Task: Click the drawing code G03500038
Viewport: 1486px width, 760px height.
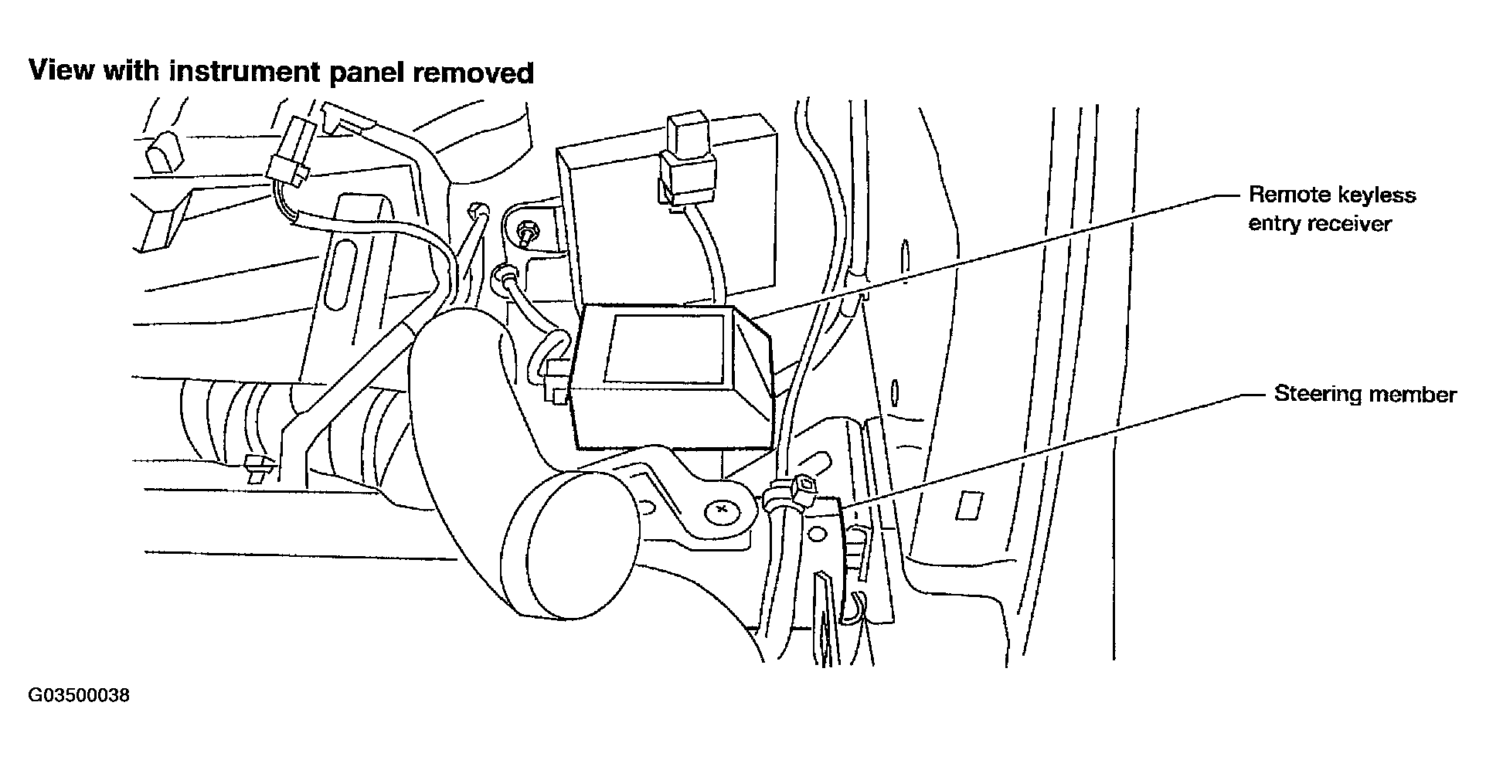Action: pos(79,696)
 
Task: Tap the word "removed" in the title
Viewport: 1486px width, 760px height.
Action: pos(472,73)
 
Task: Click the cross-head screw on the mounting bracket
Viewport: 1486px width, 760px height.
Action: pos(723,510)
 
